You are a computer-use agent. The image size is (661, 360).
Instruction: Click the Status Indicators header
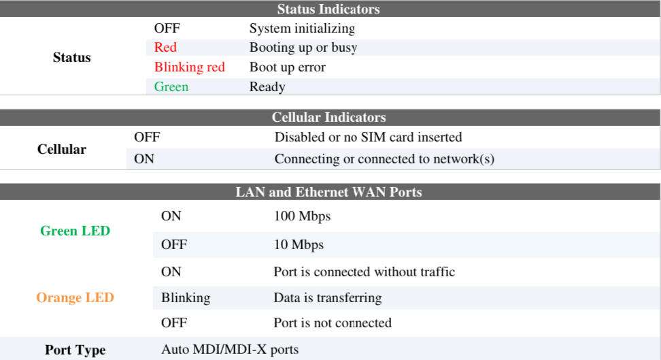328,10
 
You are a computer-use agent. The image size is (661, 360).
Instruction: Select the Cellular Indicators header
328,118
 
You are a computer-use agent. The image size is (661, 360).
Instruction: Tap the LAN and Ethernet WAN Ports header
328,192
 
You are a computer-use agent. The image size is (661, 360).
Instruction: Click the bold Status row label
71,58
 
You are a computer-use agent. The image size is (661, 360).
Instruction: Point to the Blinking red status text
189,67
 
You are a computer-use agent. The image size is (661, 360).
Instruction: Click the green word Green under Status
171,87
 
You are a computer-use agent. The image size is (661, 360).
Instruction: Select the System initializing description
302,29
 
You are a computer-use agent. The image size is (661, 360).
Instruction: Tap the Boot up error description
287,67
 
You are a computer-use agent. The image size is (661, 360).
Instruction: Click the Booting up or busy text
303,48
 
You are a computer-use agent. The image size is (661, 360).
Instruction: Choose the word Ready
267,87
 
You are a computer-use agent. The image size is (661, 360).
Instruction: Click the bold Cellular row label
62,149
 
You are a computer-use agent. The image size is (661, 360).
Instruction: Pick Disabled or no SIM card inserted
368,137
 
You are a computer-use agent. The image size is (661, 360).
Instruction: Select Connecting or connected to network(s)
384,159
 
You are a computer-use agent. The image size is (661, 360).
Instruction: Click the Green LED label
75,231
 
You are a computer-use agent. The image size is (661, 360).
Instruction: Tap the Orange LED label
75,298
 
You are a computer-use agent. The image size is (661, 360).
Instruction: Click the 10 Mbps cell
299,245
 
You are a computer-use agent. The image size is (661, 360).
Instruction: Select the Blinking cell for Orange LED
185,298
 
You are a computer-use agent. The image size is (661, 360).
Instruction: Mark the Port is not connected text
332,323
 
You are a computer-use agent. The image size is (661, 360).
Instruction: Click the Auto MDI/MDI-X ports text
229,350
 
